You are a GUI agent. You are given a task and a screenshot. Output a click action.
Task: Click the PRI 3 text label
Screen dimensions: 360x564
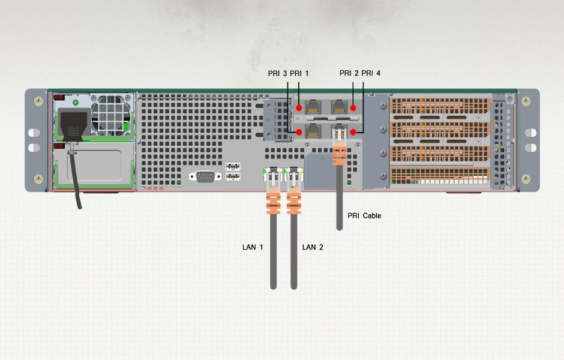[278, 73]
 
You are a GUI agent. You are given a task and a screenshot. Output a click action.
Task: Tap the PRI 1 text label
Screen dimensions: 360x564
[299, 73]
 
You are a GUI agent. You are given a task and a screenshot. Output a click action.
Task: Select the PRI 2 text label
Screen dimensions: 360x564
[349, 73]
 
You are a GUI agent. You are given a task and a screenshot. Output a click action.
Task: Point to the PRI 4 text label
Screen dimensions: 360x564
[371, 73]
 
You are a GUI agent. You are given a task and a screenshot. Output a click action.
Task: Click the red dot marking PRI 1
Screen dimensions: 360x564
[299, 108]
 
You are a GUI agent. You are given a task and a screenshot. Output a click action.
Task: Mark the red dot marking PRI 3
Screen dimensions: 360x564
[299, 131]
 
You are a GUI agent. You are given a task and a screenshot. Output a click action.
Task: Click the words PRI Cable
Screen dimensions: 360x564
[364, 215]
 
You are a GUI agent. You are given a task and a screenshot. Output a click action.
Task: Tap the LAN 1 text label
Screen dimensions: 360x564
[253, 247]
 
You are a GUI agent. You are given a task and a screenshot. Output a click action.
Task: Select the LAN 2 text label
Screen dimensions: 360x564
[313, 247]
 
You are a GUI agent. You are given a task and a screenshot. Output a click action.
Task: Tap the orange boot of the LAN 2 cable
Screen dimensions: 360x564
[293, 203]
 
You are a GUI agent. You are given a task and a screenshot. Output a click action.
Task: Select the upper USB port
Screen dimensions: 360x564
[233, 166]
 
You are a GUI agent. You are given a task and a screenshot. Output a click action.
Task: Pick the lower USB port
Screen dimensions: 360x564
[233, 177]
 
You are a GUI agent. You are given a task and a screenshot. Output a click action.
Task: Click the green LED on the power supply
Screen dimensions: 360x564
[76, 103]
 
